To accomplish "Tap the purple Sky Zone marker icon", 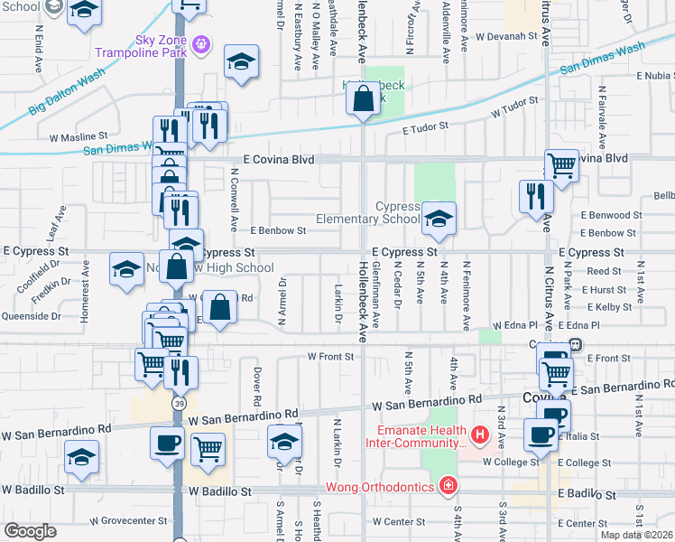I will click(200, 42).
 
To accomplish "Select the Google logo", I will click(31, 531).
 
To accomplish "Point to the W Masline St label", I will click(78, 138).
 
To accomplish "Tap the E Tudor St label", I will click(425, 128).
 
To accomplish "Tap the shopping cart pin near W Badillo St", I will click(208, 448).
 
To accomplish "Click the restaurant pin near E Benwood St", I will click(536, 196).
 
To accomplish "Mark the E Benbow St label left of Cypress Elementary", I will click(278, 231).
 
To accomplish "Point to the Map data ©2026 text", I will click(637, 535).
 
